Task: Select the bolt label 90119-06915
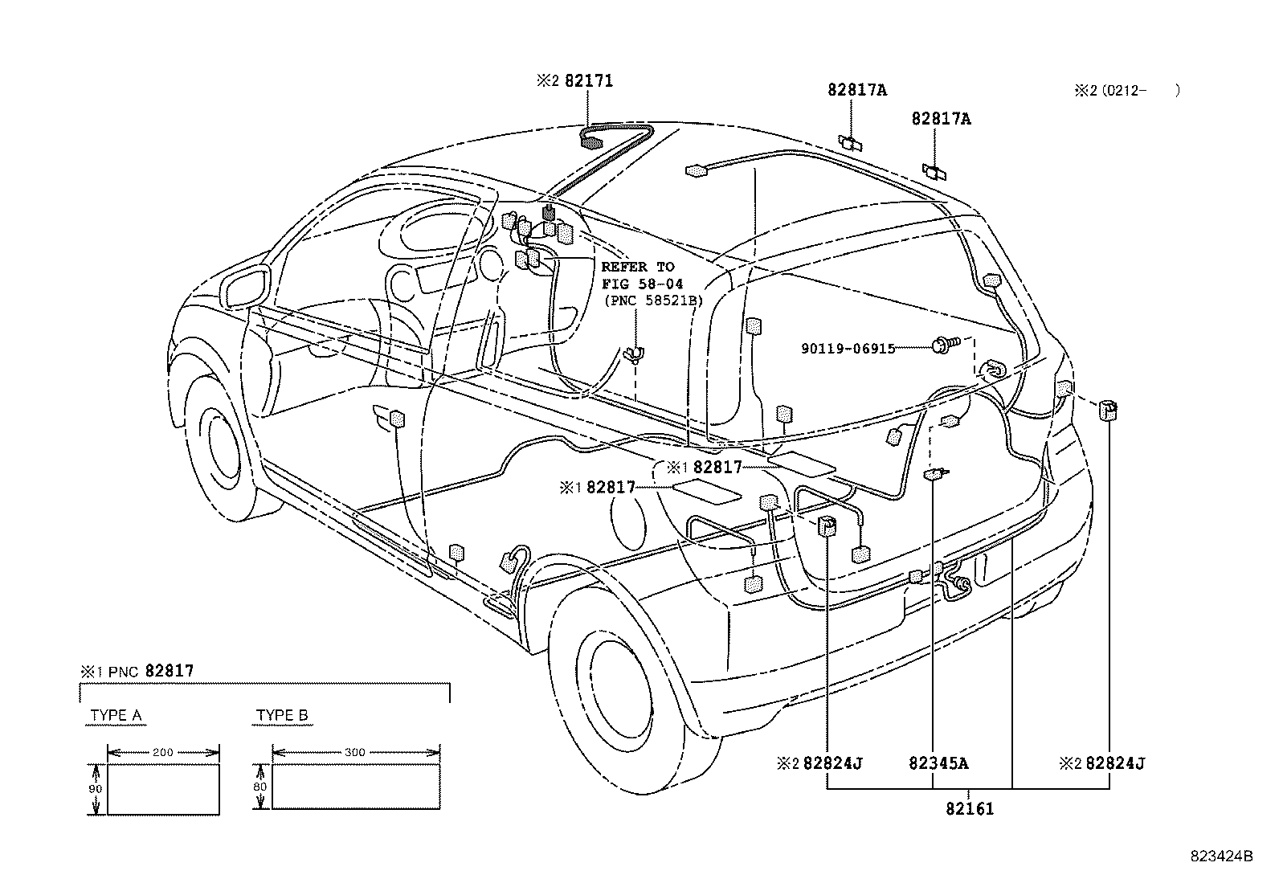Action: point(848,349)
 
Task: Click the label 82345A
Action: point(938,763)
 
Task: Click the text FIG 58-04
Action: point(642,284)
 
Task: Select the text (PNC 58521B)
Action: point(652,300)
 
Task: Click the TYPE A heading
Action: point(116,715)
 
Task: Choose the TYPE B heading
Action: point(281,715)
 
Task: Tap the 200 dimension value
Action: point(162,753)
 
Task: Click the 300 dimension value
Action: point(354,753)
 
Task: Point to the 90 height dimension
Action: point(96,789)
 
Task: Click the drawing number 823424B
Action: point(1221,856)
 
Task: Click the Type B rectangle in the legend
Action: point(355,786)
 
